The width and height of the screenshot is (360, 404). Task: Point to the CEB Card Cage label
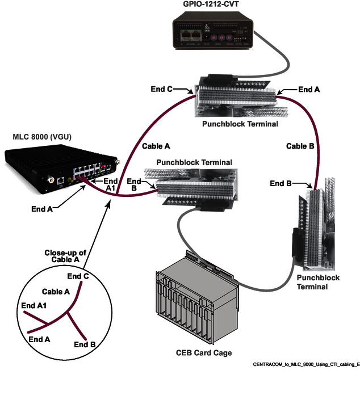203,353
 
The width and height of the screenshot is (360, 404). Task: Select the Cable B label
299,146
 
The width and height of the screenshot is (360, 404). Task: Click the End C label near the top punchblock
162,89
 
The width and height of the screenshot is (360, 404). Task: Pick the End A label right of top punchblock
309,89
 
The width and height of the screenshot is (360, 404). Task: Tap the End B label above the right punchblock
281,183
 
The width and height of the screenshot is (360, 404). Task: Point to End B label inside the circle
85,344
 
